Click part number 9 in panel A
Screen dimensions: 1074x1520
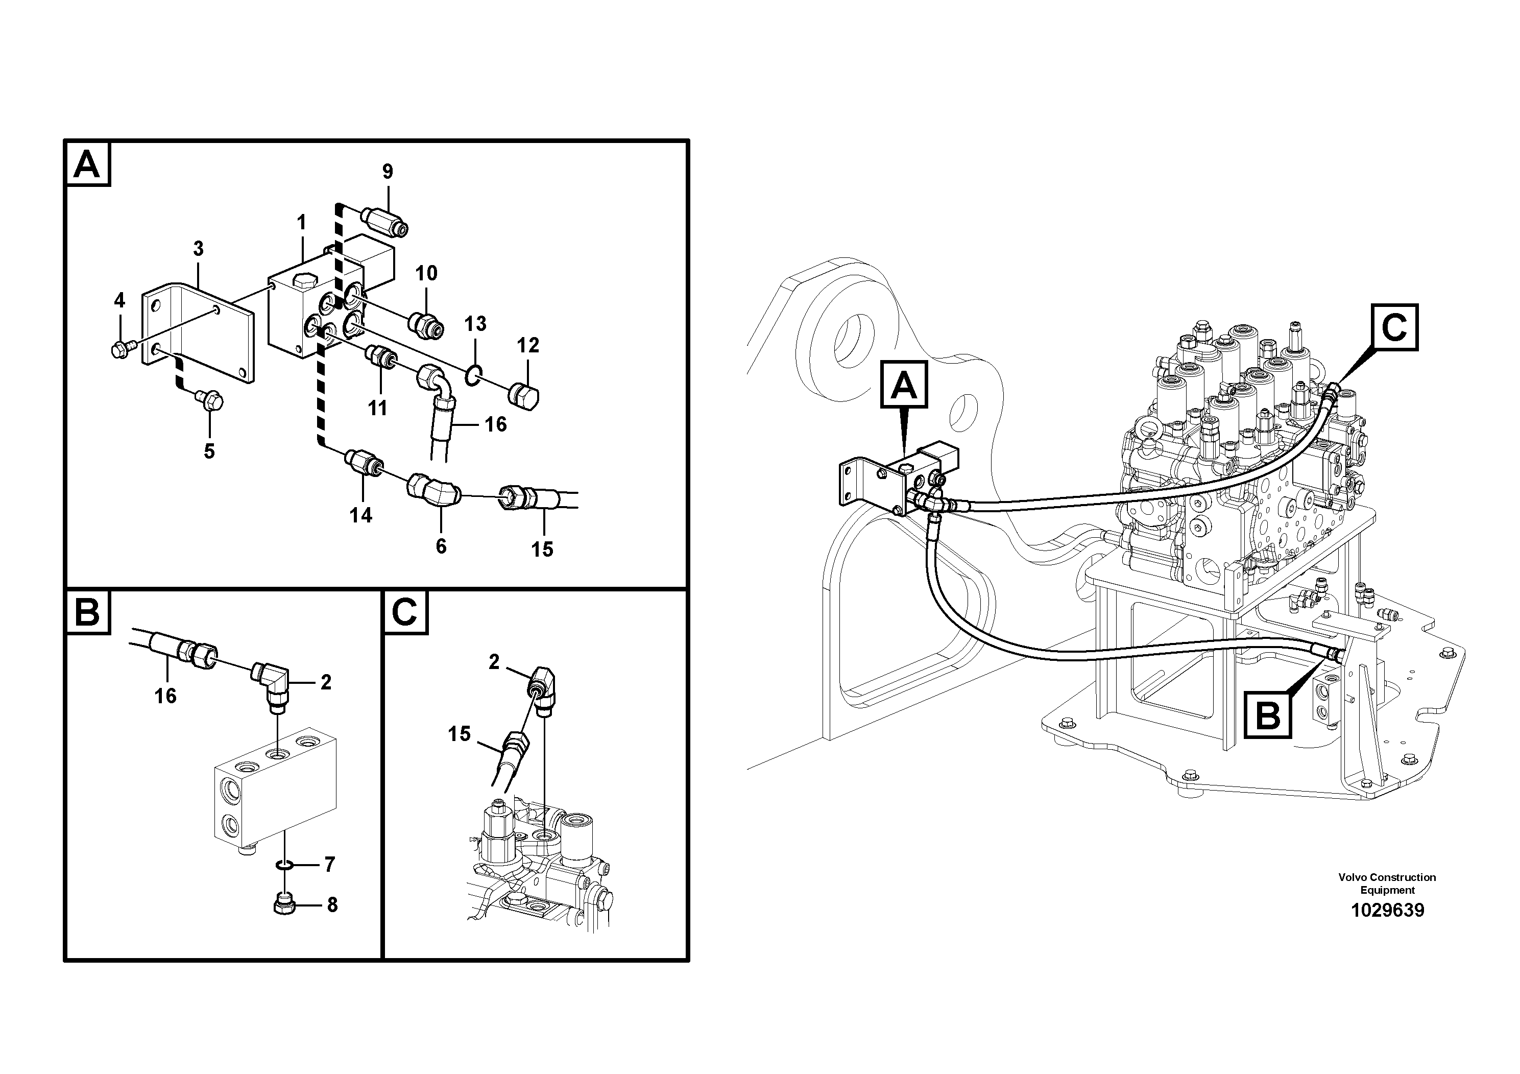click(388, 172)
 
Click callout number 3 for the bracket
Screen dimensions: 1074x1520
click(198, 249)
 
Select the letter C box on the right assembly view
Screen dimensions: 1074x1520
click(1394, 327)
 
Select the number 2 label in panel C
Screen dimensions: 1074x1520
click(494, 661)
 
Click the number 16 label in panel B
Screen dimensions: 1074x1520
click(165, 695)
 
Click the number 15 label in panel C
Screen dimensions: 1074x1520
click(459, 734)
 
